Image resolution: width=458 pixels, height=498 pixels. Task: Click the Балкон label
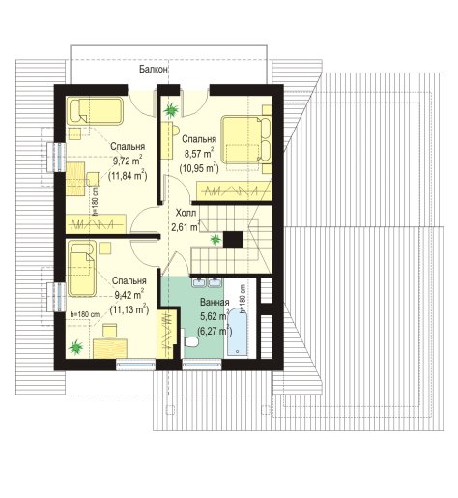[154, 69]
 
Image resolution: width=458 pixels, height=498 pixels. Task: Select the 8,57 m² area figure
[199, 153]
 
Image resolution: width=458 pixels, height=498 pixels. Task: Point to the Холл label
[186, 213]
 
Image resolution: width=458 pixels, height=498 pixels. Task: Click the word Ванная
[215, 303]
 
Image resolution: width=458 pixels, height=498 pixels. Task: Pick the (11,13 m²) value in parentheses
[129, 309]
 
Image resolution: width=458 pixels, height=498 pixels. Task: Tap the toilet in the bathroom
[190, 341]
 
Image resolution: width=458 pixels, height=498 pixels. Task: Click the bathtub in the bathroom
[238, 332]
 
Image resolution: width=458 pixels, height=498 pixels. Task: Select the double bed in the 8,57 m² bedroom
[246, 139]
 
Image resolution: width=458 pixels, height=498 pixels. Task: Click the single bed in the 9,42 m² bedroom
[82, 268]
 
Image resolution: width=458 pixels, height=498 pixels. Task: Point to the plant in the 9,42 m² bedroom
[76, 347]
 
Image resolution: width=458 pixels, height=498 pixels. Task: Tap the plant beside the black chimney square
[215, 239]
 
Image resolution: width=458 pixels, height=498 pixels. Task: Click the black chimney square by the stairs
[233, 239]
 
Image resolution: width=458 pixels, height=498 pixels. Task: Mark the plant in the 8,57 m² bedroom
[171, 110]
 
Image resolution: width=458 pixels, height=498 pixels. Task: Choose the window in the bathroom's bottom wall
[202, 365]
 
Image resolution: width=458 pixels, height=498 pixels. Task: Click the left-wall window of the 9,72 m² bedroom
[57, 157]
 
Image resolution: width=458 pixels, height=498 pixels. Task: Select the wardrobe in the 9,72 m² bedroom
[96, 223]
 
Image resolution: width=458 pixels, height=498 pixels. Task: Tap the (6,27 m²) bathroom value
[215, 331]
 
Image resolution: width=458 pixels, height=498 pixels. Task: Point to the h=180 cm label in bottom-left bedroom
[85, 314]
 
